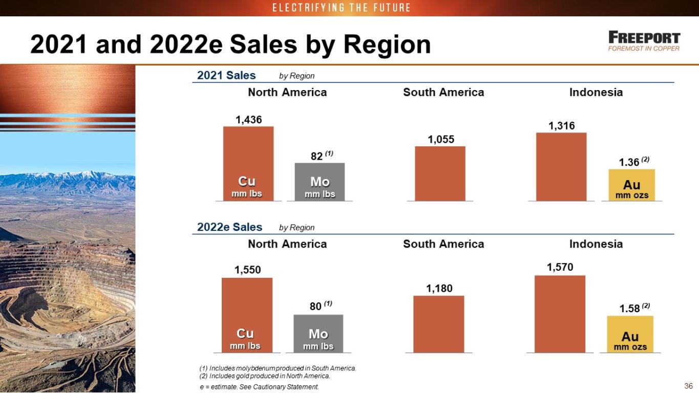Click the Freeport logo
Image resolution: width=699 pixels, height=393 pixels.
644,41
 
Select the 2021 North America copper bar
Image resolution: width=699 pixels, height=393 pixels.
248,164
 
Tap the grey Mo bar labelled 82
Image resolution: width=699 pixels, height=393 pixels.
320,182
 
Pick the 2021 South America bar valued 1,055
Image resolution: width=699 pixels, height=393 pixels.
440,174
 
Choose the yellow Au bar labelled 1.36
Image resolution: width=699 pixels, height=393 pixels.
632,185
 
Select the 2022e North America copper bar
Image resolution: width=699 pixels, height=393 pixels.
247,315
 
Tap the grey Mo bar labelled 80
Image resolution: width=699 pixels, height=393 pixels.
319,334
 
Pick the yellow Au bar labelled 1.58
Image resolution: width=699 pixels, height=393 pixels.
630,334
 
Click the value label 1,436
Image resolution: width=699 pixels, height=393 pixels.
249,120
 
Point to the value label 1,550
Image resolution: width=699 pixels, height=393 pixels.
248,270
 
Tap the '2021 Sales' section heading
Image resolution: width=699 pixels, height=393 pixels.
226,76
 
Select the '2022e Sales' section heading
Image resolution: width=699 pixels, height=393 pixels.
229,227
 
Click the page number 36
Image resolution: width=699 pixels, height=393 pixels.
688,386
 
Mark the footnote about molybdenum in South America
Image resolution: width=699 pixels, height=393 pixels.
278,368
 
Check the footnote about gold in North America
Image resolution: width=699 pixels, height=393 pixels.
265,376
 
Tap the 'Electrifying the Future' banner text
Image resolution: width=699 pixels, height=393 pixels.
342,8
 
